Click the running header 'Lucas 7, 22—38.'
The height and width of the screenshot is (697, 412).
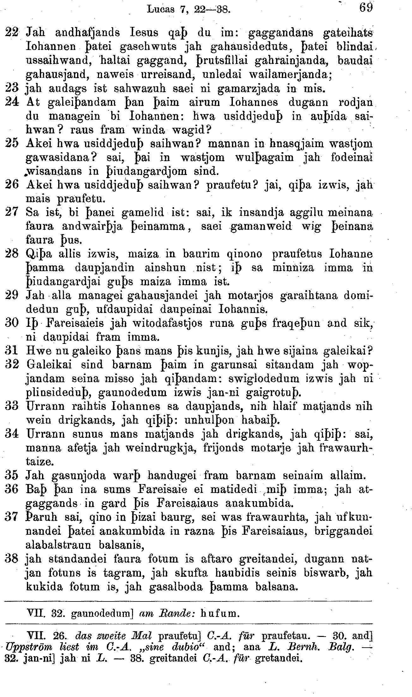[x=189, y=9]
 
